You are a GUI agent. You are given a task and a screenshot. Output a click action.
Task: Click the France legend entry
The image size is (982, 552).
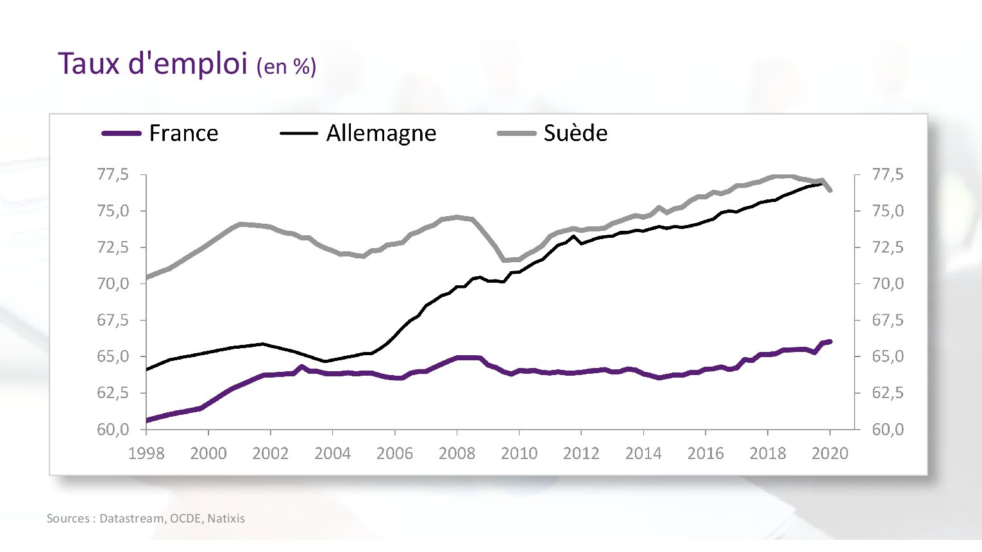[x=183, y=133]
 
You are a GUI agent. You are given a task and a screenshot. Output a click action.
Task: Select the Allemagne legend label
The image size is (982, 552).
[x=381, y=133]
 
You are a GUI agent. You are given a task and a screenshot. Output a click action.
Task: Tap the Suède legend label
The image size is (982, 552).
[x=575, y=133]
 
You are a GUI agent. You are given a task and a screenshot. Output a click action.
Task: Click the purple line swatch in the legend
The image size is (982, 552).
[x=121, y=133]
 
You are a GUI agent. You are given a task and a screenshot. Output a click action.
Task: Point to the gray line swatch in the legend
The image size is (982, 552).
[x=516, y=133]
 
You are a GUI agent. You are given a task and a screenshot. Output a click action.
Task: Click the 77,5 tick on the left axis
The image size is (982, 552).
[x=113, y=174]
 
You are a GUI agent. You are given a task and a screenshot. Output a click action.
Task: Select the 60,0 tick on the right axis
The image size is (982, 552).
[x=888, y=430]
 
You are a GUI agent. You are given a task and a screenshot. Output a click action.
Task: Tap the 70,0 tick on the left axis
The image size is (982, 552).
[x=113, y=283]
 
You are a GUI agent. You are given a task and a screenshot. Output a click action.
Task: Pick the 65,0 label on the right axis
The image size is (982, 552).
[x=888, y=356]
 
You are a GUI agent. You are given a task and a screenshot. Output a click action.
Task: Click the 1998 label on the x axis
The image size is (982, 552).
[x=146, y=454]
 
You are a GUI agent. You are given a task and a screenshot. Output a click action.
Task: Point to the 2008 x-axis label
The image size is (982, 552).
[x=457, y=454]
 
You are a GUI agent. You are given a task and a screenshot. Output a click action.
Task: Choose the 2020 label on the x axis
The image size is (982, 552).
[x=829, y=454]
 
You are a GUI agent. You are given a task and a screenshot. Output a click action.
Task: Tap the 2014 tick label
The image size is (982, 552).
[x=643, y=454]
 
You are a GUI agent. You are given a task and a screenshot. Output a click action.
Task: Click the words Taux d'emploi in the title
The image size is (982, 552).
[x=153, y=63]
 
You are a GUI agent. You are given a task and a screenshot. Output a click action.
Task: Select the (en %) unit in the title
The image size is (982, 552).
[x=286, y=67]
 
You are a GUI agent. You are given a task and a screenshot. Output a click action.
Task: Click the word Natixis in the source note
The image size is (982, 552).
[x=226, y=519]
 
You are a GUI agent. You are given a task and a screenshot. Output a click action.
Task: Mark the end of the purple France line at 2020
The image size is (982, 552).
[x=830, y=342]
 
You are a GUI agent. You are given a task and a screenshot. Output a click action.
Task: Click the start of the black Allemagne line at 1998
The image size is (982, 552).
[x=147, y=369]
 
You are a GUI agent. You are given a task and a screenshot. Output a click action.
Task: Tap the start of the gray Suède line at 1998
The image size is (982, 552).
[x=147, y=278]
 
